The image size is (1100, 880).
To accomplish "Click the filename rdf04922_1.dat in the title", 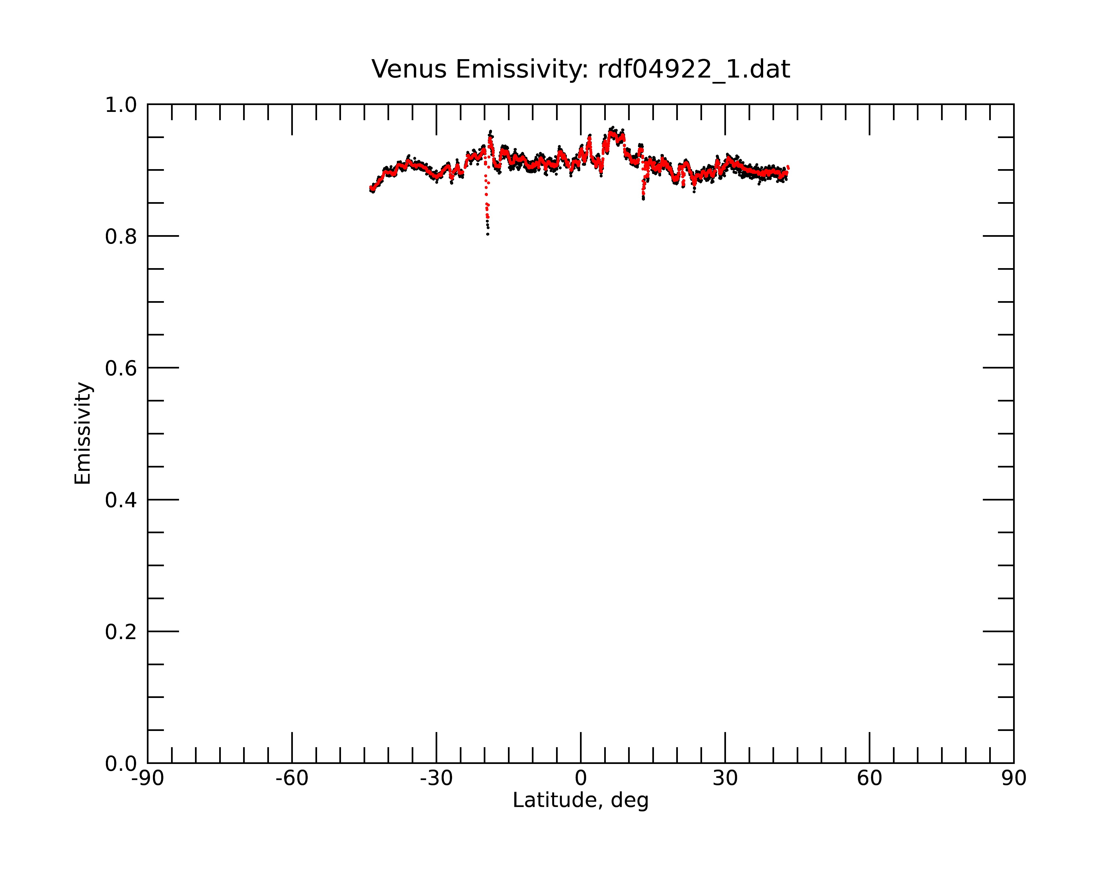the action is [x=694, y=70].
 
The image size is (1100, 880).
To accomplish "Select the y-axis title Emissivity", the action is [x=83, y=433].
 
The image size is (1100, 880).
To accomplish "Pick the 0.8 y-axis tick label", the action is [x=121, y=237].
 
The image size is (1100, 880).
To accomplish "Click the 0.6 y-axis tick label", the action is [x=121, y=368].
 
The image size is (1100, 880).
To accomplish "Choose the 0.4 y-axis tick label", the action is [x=121, y=501].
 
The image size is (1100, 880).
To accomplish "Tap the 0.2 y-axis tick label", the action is [x=121, y=632].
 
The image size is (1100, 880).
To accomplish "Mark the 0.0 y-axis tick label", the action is [x=121, y=764].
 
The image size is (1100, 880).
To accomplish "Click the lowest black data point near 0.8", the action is [x=488, y=234].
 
